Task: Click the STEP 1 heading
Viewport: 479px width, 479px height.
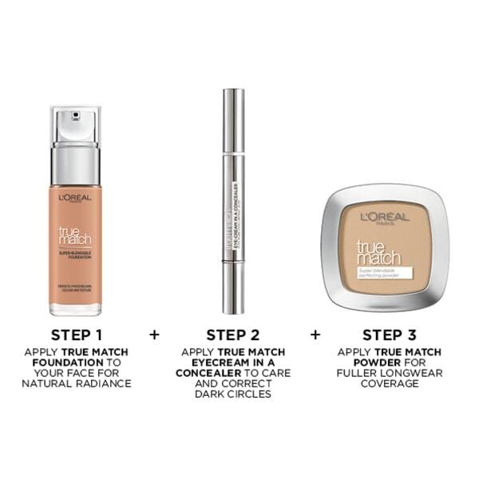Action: pos(77,333)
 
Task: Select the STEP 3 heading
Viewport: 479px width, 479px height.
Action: pos(389,333)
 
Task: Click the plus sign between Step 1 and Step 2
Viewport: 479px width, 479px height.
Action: pos(154,333)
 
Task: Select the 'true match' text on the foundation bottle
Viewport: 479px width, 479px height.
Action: pos(76,236)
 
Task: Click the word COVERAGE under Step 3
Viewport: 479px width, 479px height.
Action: pos(389,383)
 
